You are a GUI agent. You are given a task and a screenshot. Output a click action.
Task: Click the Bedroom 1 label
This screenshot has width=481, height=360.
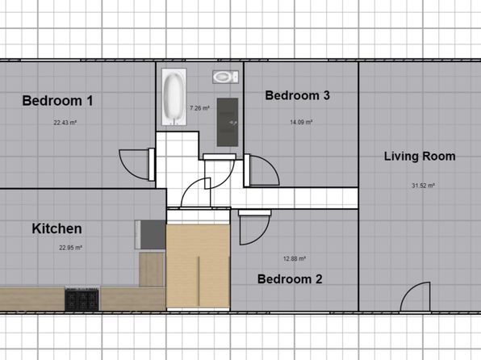[x=57, y=101]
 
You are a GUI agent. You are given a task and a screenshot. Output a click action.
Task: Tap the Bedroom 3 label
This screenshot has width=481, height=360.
[x=298, y=95]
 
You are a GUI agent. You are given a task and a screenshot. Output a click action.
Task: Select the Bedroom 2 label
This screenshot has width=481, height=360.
[x=290, y=279]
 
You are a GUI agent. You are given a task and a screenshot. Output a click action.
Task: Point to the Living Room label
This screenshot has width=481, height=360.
[x=420, y=157]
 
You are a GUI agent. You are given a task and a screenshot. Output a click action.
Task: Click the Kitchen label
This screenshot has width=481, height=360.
[x=56, y=228]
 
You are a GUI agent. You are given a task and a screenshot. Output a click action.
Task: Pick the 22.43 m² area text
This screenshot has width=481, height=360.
[x=65, y=123]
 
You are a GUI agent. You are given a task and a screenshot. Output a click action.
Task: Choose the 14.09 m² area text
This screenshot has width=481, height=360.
[x=301, y=122]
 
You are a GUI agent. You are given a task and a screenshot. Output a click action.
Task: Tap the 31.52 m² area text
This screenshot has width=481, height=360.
[x=424, y=186]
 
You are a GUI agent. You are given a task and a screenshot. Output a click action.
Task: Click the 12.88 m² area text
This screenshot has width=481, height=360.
[x=295, y=259]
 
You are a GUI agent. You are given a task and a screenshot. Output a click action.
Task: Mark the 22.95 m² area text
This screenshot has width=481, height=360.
[x=70, y=248]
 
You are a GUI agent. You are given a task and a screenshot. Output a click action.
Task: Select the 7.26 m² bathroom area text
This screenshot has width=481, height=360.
[x=199, y=108]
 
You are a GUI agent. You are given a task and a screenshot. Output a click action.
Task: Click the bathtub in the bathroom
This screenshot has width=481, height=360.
[x=174, y=97]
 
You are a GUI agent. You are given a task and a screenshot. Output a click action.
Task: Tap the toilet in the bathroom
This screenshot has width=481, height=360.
[x=225, y=77]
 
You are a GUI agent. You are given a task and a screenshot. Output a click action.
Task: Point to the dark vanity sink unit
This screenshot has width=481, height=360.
[x=228, y=122]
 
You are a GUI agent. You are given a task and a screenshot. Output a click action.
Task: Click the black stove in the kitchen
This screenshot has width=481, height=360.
[x=82, y=299]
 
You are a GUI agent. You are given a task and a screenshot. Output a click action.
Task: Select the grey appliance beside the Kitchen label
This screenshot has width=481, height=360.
[x=150, y=234]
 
